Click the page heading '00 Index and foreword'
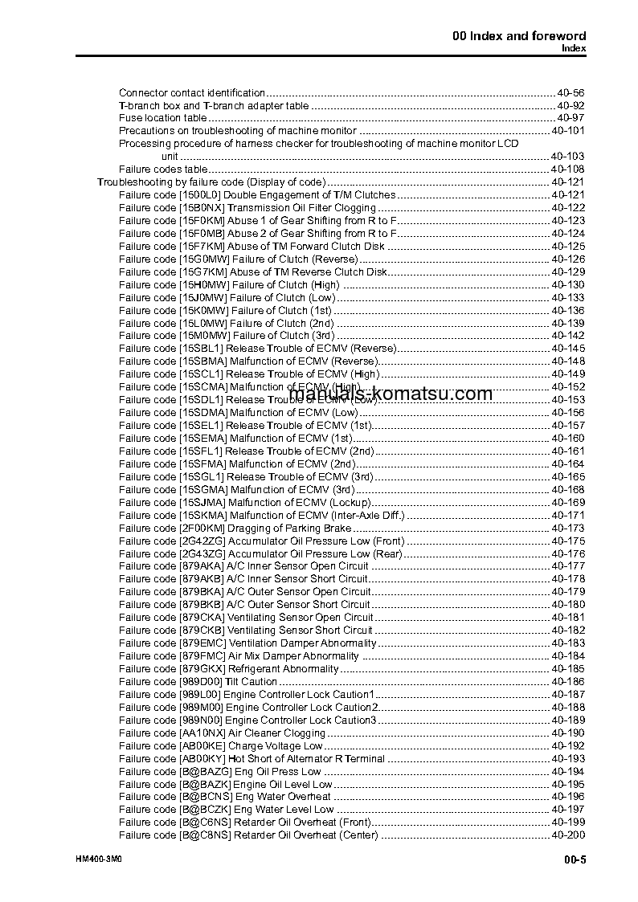[x=519, y=35]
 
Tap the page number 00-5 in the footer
[x=575, y=861]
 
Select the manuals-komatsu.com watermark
[x=391, y=394]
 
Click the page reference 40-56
[x=570, y=93]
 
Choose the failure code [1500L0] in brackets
[x=199, y=195]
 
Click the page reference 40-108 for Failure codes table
[x=567, y=169]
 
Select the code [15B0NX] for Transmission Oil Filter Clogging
[x=201, y=208]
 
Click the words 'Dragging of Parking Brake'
[x=289, y=529]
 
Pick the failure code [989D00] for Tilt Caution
[x=200, y=682]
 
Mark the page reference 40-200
[x=567, y=835]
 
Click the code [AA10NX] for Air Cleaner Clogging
[x=202, y=733]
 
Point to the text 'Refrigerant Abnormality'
[x=284, y=669]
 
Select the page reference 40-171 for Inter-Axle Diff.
[x=567, y=516]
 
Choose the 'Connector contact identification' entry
[x=192, y=93]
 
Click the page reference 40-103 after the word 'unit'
[x=567, y=156]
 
